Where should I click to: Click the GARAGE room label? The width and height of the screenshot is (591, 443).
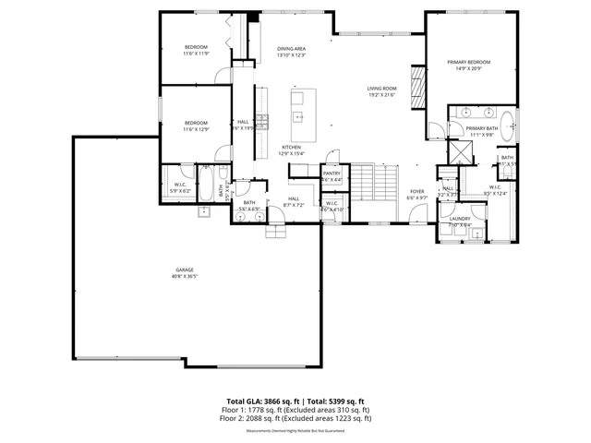(x=183, y=269)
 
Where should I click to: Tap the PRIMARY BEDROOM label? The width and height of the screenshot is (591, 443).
(x=468, y=62)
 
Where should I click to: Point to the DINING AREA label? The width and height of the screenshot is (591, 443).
(x=291, y=48)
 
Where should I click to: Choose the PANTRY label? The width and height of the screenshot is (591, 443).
(x=332, y=173)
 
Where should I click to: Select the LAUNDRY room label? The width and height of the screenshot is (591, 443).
(x=460, y=219)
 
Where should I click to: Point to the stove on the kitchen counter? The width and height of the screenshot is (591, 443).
(x=262, y=119)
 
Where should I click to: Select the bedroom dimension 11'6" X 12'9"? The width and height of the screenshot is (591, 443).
(x=196, y=129)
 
